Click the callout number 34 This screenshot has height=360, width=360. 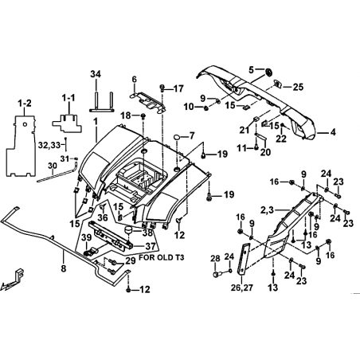(96, 74)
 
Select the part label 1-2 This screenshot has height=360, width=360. (25, 104)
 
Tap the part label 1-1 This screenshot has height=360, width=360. (68, 98)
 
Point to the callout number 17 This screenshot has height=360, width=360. (178, 88)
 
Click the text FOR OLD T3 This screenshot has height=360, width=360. (162, 257)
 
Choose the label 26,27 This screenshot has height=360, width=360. (242, 288)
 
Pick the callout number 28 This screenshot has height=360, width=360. (216, 258)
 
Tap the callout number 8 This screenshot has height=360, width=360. (63, 268)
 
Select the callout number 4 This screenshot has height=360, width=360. (333, 132)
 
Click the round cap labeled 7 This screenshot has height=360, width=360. (177, 137)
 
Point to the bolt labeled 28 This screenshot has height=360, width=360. (216, 274)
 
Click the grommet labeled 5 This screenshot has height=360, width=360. (268, 72)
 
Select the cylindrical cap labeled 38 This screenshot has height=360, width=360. (129, 229)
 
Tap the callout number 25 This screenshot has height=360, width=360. (299, 87)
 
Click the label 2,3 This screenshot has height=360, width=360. (267, 210)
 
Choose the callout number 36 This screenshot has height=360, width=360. (103, 217)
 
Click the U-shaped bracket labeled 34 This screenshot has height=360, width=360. (102, 102)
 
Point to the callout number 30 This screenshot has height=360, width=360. (53, 166)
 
